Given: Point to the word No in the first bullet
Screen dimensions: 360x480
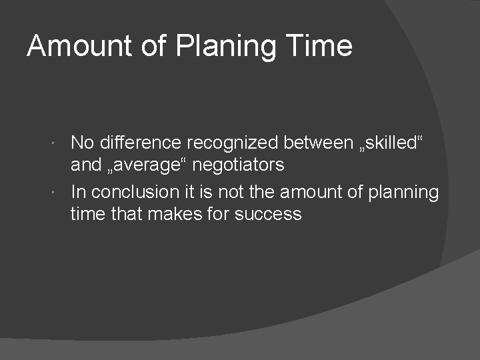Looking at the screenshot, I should [x=82, y=143].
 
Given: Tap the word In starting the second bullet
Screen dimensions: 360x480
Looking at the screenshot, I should [x=77, y=193].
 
